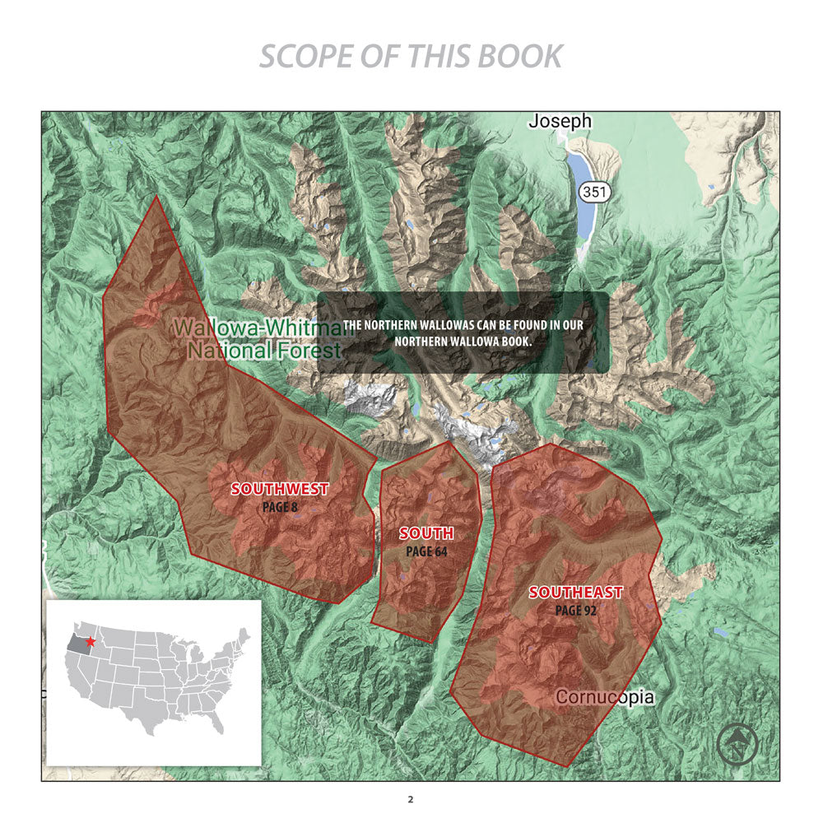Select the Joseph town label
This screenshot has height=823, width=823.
tap(560, 121)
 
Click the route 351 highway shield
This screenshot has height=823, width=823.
tap(593, 192)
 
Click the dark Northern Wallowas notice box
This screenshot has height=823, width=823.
tap(463, 332)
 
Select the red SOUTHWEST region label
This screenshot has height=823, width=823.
tap(280, 488)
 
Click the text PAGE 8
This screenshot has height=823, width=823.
tap(280, 507)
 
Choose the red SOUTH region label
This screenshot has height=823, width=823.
tap(426, 533)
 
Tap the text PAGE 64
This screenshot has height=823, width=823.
tap(426, 551)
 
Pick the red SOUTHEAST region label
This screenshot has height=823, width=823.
tap(575, 592)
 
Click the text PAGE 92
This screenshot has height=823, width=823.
tap(575, 611)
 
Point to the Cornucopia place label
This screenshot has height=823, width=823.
tap(605, 697)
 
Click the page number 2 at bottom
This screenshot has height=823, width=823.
tap(411, 799)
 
